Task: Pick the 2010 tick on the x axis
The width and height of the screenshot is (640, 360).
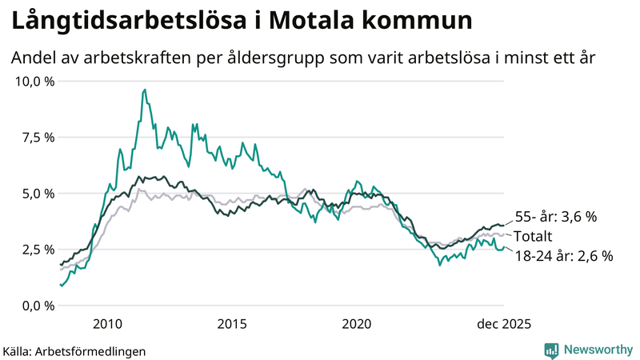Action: point(107,323)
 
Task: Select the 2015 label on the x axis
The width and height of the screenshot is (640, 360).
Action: point(232,323)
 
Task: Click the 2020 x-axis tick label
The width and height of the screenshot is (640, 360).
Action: point(357,323)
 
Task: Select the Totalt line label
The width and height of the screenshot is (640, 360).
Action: point(534,236)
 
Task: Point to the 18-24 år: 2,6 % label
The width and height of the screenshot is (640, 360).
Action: point(563,256)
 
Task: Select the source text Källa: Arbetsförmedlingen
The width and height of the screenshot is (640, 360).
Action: point(74,350)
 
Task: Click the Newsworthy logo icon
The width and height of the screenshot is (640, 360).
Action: point(551,350)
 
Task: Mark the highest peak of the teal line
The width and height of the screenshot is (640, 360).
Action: point(144,90)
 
